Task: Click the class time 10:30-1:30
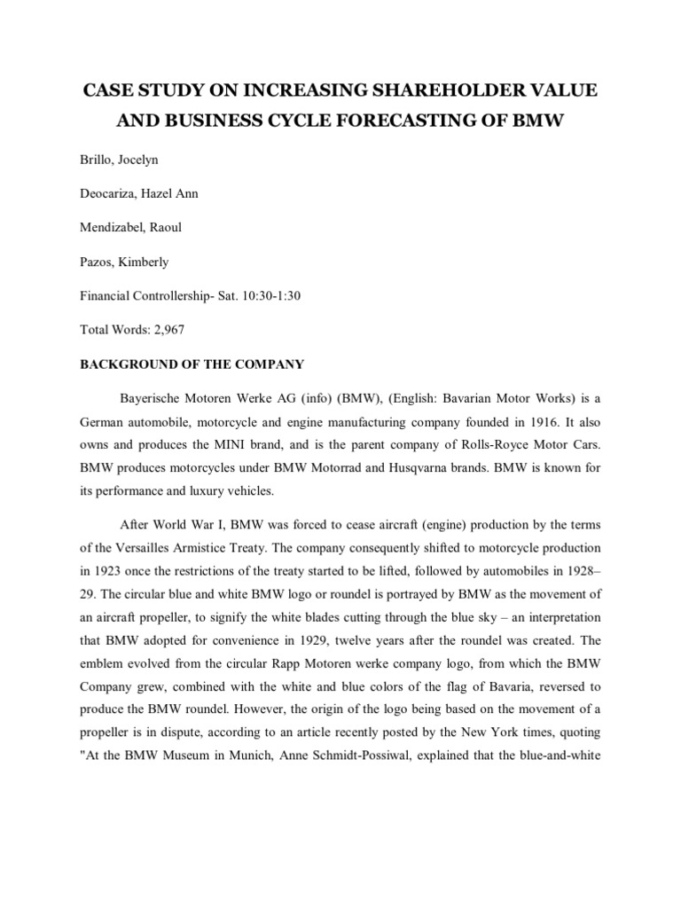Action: coord(269,295)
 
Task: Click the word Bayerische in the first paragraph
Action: coord(164,399)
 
